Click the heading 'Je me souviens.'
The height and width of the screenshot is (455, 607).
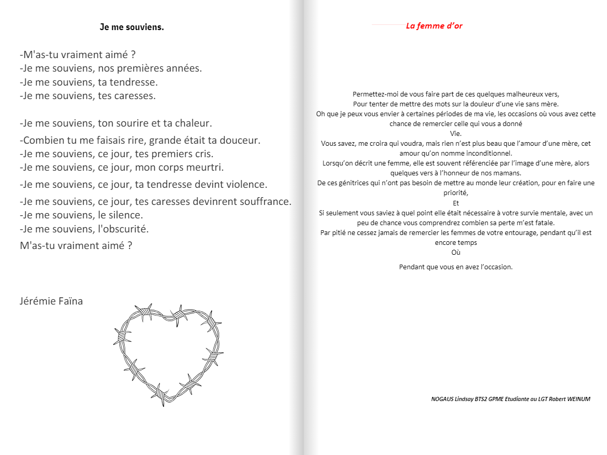point(132,27)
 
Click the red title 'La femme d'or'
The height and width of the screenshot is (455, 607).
point(434,26)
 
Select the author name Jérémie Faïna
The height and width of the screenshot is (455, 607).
point(51,301)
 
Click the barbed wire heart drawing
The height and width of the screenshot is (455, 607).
point(169,354)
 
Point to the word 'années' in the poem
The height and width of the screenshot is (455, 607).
point(185,68)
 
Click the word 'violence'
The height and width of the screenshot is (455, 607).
point(246,184)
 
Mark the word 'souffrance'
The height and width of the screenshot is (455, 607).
point(264,201)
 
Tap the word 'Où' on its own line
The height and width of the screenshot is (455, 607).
point(456,253)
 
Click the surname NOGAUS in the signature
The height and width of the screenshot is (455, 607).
point(442,399)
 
